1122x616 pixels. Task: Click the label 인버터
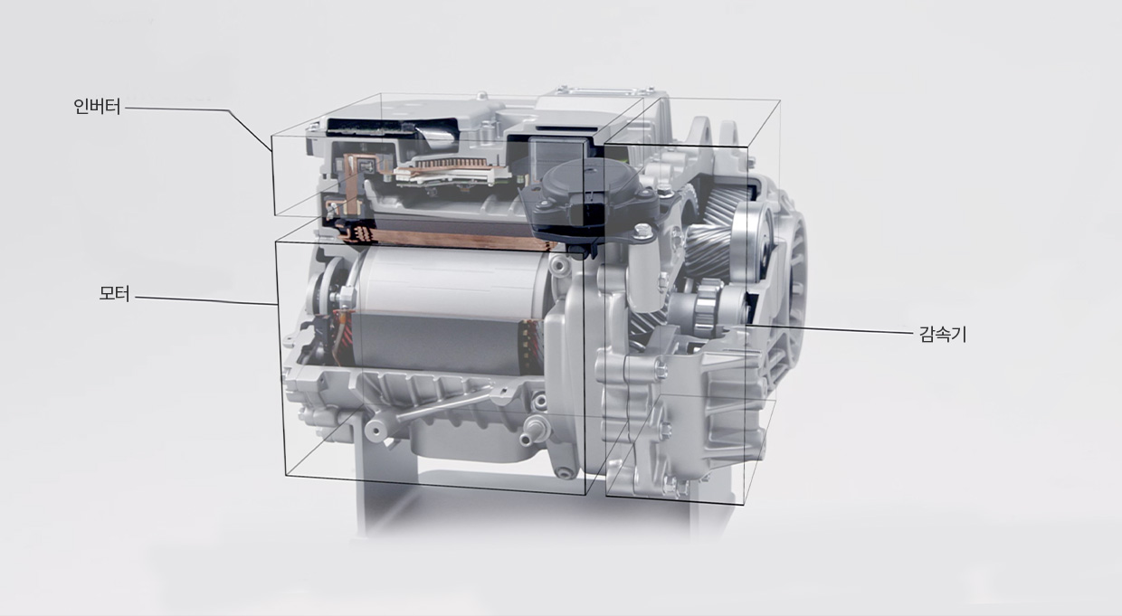tap(97, 106)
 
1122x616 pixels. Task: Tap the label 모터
tap(114, 293)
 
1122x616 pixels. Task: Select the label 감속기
tap(943, 334)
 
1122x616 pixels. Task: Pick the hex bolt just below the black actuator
tap(642, 231)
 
